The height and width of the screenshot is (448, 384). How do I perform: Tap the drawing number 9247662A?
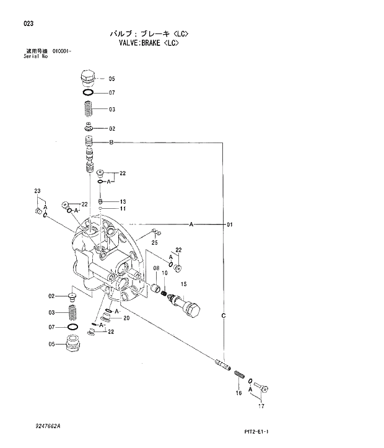click(49, 426)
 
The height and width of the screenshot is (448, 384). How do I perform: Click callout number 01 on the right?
click(229, 224)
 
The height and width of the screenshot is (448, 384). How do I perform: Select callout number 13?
click(123, 202)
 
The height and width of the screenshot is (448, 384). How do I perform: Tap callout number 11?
click(123, 209)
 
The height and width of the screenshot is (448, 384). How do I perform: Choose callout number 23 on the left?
click(37, 191)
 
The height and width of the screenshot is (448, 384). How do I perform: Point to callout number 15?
click(183, 283)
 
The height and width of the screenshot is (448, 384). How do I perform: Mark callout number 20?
click(126, 318)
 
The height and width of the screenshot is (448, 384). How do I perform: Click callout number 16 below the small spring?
click(238, 393)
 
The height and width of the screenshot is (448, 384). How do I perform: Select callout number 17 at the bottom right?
click(261, 406)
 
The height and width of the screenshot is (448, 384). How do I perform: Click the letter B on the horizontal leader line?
click(111, 143)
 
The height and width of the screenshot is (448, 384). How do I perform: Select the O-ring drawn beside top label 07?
click(89, 93)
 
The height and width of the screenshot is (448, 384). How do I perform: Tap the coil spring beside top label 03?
click(89, 110)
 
